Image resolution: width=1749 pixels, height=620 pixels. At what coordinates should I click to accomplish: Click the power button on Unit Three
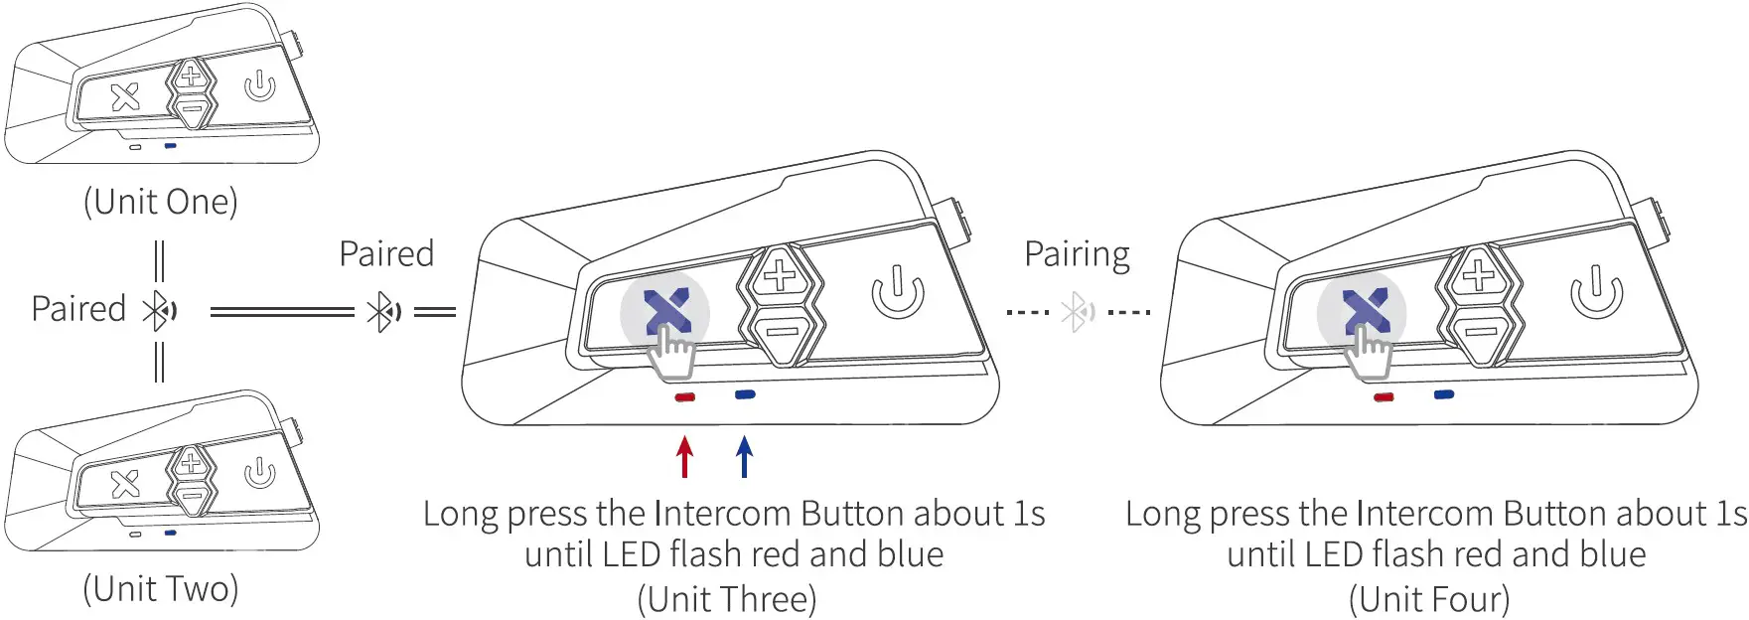click(x=898, y=291)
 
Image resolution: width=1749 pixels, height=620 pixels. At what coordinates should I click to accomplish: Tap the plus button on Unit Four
click(x=1479, y=274)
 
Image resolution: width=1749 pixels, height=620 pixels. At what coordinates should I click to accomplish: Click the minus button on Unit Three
click(x=782, y=331)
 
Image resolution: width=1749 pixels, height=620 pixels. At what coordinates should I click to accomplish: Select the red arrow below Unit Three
click(x=684, y=457)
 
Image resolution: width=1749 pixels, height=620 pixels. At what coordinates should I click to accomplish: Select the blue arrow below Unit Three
click(x=745, y=457)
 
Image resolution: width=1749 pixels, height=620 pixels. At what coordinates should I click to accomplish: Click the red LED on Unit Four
click(x=1384, y=397)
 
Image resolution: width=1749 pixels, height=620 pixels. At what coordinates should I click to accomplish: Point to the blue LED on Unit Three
click(x=745, y=394)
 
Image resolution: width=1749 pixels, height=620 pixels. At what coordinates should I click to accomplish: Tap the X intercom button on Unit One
click(x=125, y=97)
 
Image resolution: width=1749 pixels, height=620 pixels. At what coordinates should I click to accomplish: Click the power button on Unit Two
click(x=259, y=472)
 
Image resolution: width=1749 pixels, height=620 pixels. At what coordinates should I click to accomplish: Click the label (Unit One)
click(x=161, y=202)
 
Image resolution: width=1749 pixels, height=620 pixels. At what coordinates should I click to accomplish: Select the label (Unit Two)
click(x=161, y=588)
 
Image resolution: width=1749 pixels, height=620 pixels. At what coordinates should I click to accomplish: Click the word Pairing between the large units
click(x=1077, y=254)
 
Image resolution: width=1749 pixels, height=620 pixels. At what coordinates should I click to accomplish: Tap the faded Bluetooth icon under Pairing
click(x=1078, y=312)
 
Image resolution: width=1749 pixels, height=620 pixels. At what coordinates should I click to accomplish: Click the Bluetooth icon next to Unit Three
click(x=384, y=312)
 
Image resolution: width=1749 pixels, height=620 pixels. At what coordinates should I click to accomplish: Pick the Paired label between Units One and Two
click(x=78, y=308)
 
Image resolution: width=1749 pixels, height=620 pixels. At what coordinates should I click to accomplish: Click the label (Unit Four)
click(x=1428, y=599)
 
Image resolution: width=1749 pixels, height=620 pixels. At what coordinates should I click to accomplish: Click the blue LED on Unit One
click(x=171, y=145)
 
